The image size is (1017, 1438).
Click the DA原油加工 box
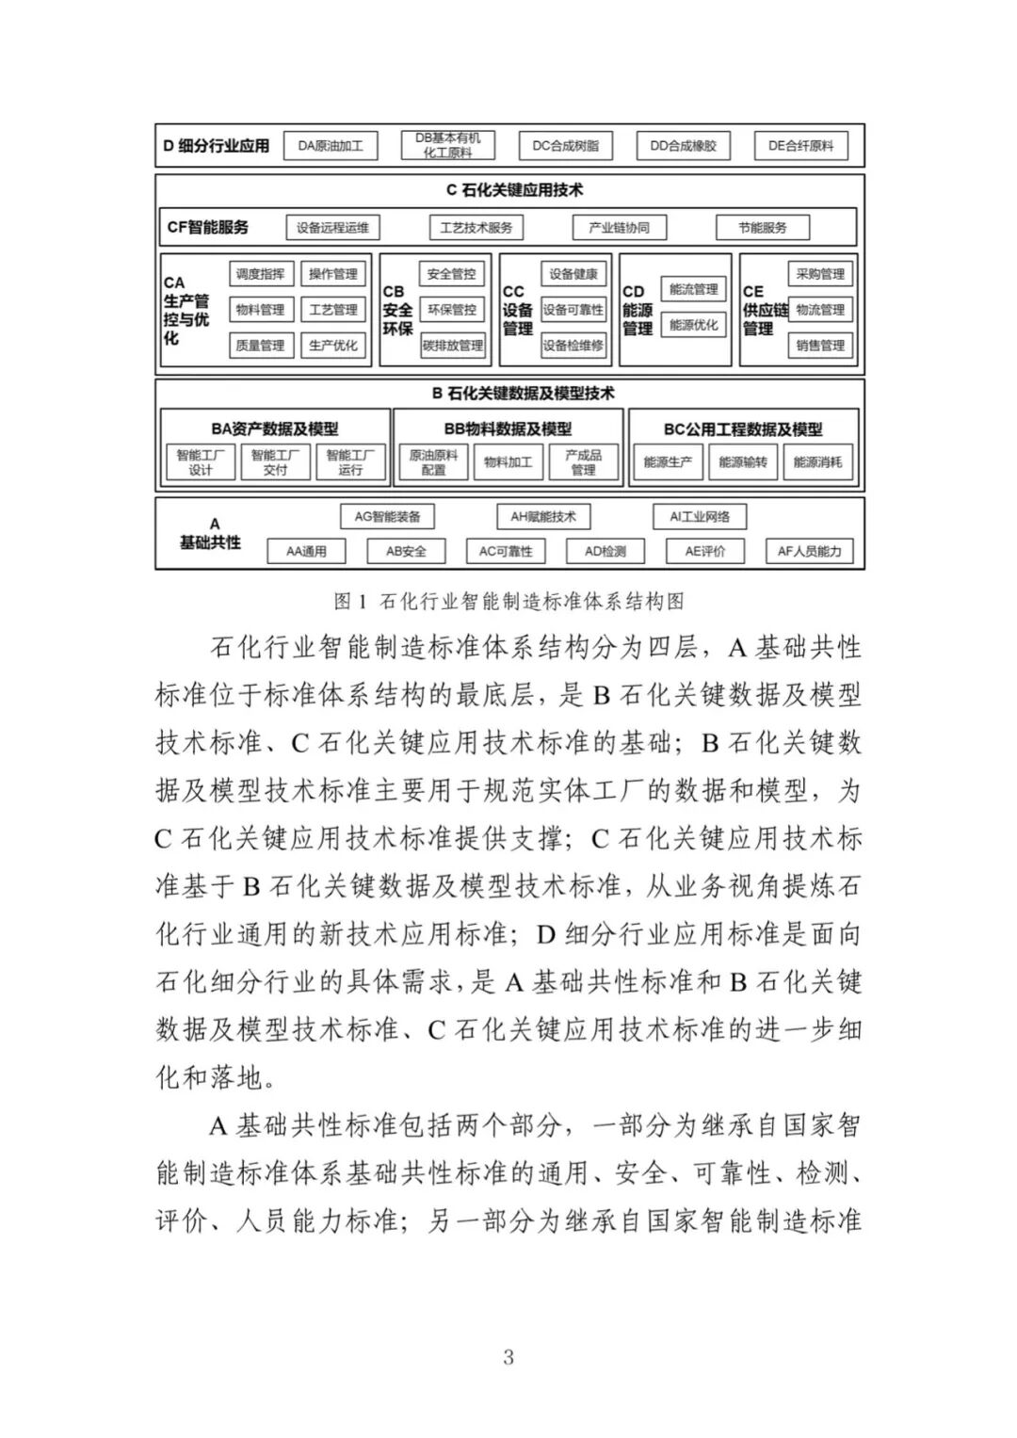coord(331,146)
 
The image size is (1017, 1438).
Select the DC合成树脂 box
coord(565,146)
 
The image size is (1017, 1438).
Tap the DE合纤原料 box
coord(801,146)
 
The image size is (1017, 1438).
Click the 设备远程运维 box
coord(332,228)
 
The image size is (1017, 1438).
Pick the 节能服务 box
coord(762,228)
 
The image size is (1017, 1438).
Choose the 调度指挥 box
coord(260,274)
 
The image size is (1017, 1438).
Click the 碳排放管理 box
coord(452,346)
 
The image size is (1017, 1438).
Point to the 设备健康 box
coord(573,274)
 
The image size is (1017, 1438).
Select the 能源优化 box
coord(693,325)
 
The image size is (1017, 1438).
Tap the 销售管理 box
coord(820,346)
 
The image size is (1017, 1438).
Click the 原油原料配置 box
coord(433,462)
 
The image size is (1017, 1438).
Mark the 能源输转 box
coord(743,462)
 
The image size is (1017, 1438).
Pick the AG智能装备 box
coord(387,516)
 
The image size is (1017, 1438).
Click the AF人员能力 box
coord(809,552)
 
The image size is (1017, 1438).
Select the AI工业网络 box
coord(700,516)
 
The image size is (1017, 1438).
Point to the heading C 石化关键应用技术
coord(514,190)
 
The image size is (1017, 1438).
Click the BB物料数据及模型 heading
coord(508,429)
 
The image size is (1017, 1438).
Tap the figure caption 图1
coord(508,601)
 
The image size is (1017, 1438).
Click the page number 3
coord(508,1357)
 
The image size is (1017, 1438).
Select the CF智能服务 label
coord(208,228)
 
